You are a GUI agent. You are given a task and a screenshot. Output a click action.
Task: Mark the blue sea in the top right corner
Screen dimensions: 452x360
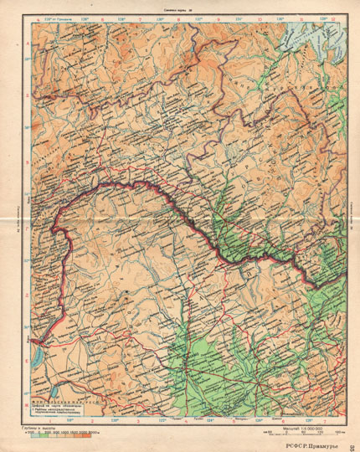pyautogui.click(x=322, y=38)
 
